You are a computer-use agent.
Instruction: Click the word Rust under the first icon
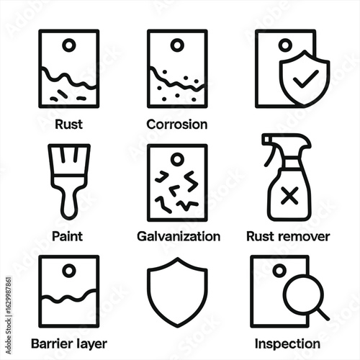[x=68, y=125]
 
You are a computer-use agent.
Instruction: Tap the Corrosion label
[x=177, y=125]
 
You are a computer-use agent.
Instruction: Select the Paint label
[x=68, y=236]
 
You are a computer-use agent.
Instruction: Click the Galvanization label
[x=179, y=236]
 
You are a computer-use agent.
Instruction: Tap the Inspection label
[x=287, y=343]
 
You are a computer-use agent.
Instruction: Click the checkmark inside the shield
[x=305, y=78]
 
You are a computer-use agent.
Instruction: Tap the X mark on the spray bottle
[x=289, y=196]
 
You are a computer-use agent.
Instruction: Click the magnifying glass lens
[x=303, y=294]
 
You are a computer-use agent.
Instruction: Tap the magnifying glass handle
[x=323, y=315]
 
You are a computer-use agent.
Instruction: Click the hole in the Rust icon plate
[x=69, y=45]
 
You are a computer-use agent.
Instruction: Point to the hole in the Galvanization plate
[x=177, y=159]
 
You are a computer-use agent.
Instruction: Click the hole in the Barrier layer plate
[x=69, y=271]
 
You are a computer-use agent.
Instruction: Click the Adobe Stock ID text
[x=9, y=316]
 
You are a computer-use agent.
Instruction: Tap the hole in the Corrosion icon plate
[x=177, y=45]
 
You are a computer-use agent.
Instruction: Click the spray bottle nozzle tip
[x=266, y=140]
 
